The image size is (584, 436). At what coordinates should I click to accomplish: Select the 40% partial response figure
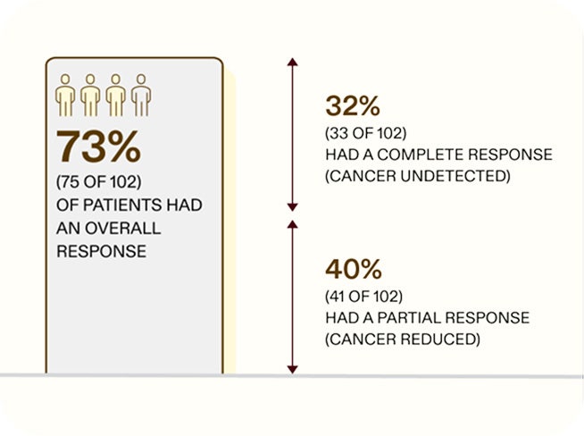[353, 269]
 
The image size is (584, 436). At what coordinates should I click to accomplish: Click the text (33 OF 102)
[366, 134]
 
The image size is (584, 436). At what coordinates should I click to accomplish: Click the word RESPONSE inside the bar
[101, 251]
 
